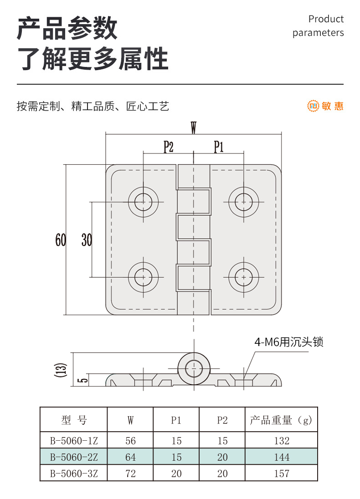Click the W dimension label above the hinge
pos(193,128)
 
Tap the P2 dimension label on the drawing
pos(169,147)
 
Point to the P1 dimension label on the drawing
pos(219,147)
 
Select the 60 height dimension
pos(61,239)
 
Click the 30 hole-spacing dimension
pos(87,239)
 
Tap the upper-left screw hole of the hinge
pos(144,202)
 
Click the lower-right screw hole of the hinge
pos(244,277)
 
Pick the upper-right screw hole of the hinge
pos(244,202)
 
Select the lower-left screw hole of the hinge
pos(144,277)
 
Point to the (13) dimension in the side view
pos(62,370)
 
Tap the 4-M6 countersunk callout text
pos(288,342)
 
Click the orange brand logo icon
pos(313,106)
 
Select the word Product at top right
pos(326,19)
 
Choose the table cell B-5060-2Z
pos(74,457)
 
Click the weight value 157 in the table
pos(282,474)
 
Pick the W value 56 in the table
pos(131,441)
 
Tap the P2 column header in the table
pos(222,420)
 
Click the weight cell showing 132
pos(282,441)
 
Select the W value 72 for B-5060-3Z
pos(131,474)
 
